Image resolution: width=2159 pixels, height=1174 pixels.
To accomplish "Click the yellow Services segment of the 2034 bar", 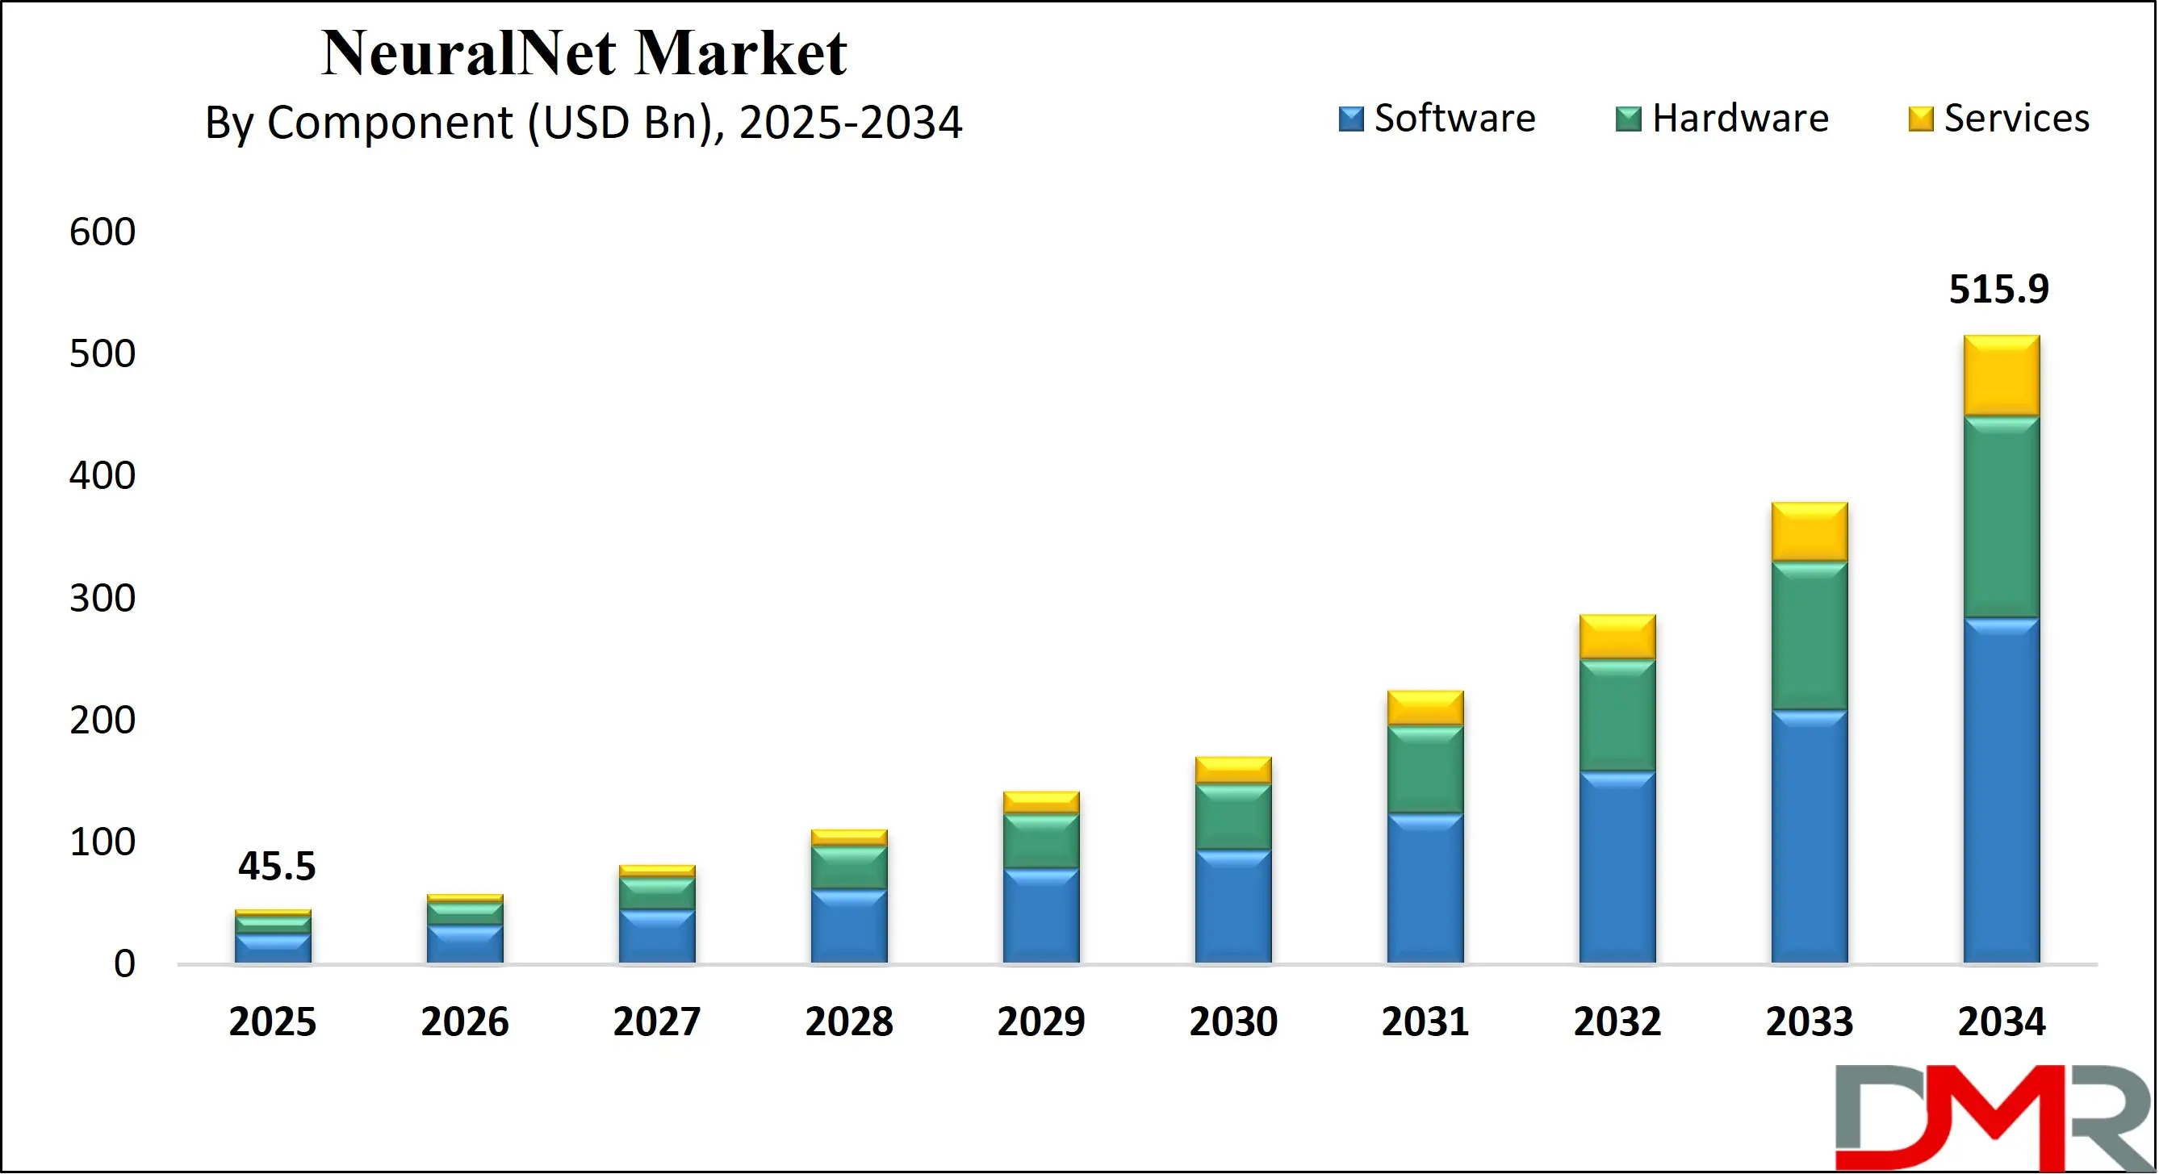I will pos(2002,375).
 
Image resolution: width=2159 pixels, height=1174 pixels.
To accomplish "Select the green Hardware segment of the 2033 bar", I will pos(1810,635).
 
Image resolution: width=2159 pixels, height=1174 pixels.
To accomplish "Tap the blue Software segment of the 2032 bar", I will pos(1617,867).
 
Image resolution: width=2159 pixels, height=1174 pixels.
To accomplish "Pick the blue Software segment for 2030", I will pos(1233,907).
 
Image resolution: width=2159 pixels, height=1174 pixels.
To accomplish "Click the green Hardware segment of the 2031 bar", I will pos(1425,768).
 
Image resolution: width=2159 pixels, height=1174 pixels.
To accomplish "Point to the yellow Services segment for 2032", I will pos(1617,637).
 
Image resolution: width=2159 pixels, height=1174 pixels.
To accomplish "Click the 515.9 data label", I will pos(1998,289).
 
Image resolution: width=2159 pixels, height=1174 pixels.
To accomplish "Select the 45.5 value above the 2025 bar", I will pos(277,866).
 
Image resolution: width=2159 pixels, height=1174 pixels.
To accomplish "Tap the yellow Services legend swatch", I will pos(1920,119).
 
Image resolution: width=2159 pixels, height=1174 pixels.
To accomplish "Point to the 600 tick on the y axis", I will pos(103,232).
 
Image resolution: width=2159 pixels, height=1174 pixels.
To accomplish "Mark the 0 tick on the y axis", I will pos(124,963).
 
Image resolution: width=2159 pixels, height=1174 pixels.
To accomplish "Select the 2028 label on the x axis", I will pos(848,1022).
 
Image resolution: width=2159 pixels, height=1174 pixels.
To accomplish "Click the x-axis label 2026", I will pos(464,1022).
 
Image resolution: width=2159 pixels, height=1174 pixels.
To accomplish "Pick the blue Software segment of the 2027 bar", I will pos(657,936).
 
